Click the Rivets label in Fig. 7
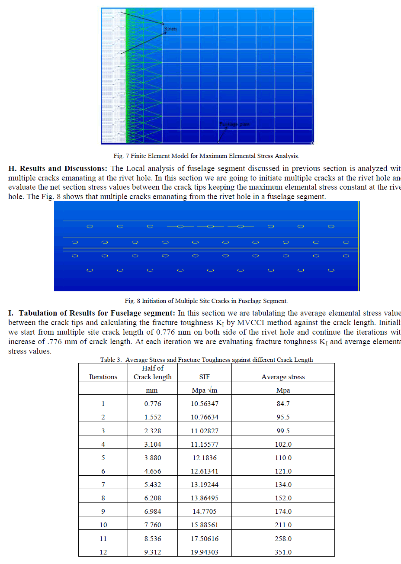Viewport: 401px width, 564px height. (x=170, y=29)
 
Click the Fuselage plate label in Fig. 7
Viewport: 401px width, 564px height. (x=234, y=124)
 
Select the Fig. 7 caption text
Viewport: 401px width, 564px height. (x=206, y=156)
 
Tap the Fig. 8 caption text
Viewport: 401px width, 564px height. (x=206, y=301)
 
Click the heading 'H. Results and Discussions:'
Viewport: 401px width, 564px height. (x=58, y=168)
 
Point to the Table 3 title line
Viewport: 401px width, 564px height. (x=206, y=360)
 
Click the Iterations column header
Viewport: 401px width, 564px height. (x=103, y=377)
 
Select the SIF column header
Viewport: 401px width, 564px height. (x=205, y=377)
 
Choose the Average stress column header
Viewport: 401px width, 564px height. (x=283, y=377)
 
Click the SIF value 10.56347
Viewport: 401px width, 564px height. (x=205, y=404)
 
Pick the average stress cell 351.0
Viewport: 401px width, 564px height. (x=283, y=552)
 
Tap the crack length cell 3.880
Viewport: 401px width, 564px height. (x=153, y=458)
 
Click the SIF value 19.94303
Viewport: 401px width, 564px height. (x=205, y=552)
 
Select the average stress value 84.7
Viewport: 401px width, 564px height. (x=283, y=404)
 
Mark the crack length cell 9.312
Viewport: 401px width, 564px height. (x=153, y=552)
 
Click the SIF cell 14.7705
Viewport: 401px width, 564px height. (x=205, y=512)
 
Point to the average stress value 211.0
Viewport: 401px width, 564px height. (x=283, y=525)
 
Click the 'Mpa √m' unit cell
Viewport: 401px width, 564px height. (x=205, y=390)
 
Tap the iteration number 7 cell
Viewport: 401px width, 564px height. (x=103, y=485)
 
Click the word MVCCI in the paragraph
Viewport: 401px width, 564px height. (x=251, y=323)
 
